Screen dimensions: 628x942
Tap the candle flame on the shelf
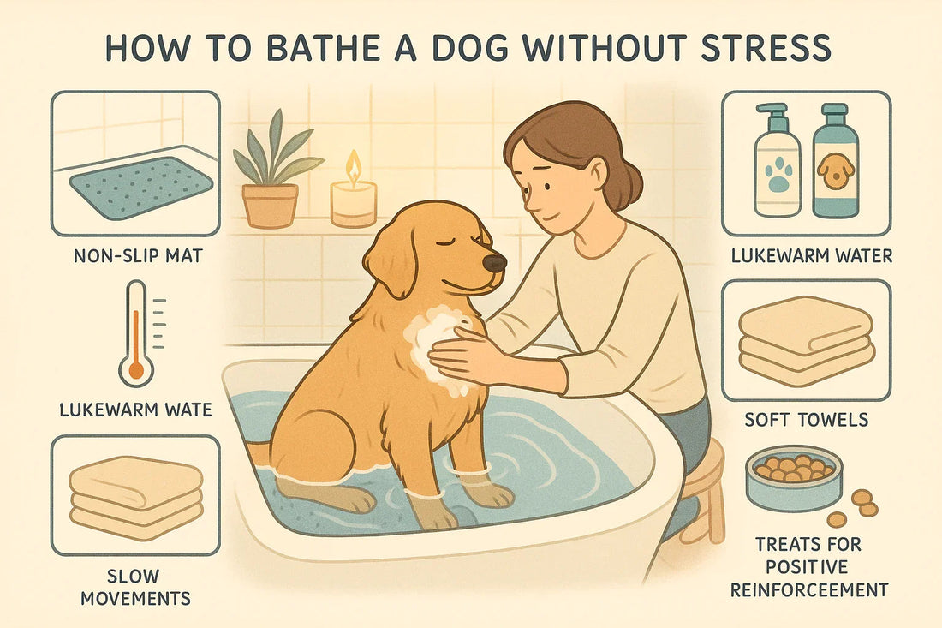[x=353, y=165]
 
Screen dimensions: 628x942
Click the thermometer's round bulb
[x=136, y=368]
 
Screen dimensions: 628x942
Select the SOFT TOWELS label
[x=806, y=421]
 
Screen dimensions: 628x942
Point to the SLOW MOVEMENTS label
[x=134, y=585]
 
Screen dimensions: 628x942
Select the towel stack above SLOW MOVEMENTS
[x=135, y=497]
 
